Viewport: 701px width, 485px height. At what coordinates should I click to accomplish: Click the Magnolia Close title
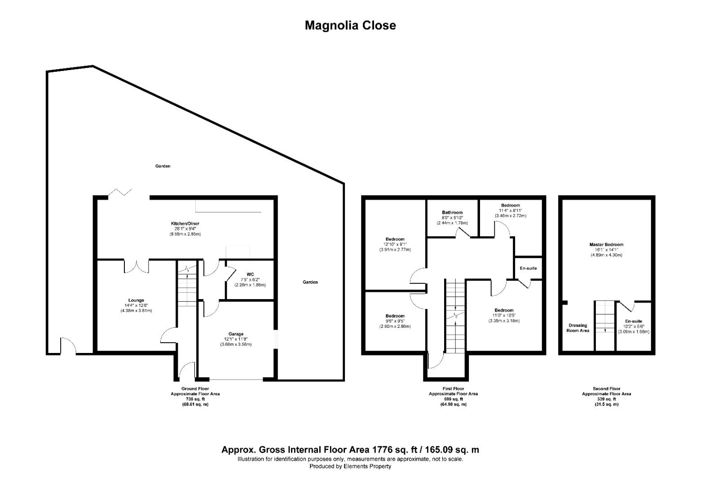pyautogui.click(x=350, y=25)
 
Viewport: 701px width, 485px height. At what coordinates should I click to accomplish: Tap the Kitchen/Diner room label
pyautogui.click(x=185, y=224)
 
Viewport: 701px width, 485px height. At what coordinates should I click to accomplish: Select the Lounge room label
pyautogui.click(x=136, y=300)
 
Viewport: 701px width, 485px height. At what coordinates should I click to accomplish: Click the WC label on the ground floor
pyautogui.click(x=250, y=274)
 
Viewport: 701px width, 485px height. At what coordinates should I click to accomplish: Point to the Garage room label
pyautogui.click(x=236, y=334)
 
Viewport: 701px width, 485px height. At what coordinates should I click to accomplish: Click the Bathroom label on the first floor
pyautogui.click(x=452, y=212)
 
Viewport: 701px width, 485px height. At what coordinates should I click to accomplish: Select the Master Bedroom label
pyautogui.click(x=606, y=245)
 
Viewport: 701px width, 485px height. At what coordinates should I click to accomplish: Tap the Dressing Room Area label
pyautogui.click(x=578, y=328)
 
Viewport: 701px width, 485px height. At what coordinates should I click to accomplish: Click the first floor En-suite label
pyautogui.click(x=528, y=268)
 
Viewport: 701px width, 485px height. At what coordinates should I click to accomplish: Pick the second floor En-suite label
pyautogui.click(x=633, y=322)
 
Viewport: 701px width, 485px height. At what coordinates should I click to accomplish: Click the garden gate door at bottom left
pyautogui.click(x=68, y=346)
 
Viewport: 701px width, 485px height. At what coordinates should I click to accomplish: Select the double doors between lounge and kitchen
pyautogui.click(x=136, y=266)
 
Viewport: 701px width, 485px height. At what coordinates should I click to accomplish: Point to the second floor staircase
pyautogui.click(x=604, y=317)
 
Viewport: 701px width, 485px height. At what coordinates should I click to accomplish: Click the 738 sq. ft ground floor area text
pyautogui.click(x=195, y=399)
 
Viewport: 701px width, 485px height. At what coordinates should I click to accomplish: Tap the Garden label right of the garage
pyautogui.click(x=310, y=282)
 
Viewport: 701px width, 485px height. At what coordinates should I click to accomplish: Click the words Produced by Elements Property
pyautogui.click(x=350, y=466)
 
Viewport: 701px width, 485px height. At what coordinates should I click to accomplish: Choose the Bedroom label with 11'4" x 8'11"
pyautogui.click(x=510, y=205)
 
